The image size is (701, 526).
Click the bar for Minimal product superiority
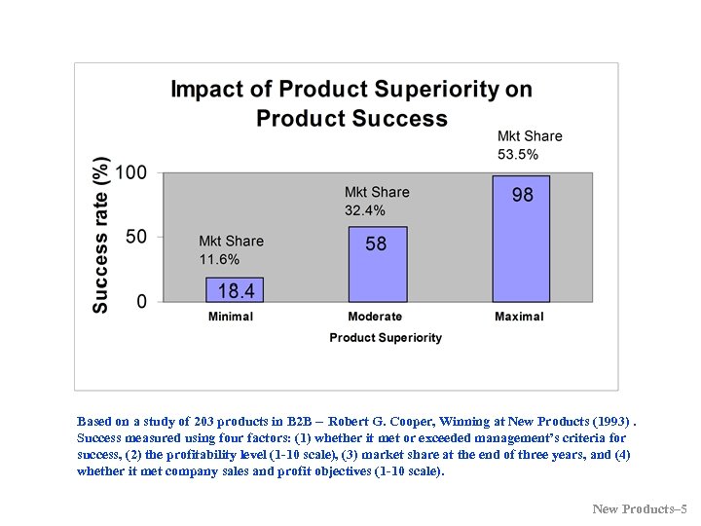pyautogui.click(x=234, y=290)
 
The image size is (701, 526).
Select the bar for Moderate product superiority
pyautogui.click(x=378, y=265)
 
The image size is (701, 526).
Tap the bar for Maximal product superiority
pyautogui.click(x=521, y=239)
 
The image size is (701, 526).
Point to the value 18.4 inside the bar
pyautogui.click(x=236, y=290)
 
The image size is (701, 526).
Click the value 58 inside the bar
pyautogui.click(x=376, y=244)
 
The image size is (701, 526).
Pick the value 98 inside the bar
pyautogui.click(x=522, y=195)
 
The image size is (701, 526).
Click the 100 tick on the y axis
pyautogui.click(x=131, y=173)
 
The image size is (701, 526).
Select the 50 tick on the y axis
pyautogui.click(x=137, y=237)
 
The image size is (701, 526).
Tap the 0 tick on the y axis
pyautogui.click(x=142, y=302)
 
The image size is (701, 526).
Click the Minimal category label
pyautogui.click(x=231, y=317)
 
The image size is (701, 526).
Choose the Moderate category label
pyautogui.click(x=375, y=317)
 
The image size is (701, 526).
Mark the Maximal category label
pyautogui.click(x=519, y=317)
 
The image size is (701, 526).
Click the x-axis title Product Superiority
pyautogui.click(x=386, y=338)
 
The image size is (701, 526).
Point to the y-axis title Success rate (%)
pyautogui.click(x=100, y=235)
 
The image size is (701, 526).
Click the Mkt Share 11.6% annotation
pyautogui.click(x=231, y=250)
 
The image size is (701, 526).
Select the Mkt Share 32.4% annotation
pyautogui.click(x=376, y=202)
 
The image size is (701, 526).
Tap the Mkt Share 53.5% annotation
pyautogui.click(x=530, y=145)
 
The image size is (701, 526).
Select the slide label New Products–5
pyautogui.click(x=639, y=508)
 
